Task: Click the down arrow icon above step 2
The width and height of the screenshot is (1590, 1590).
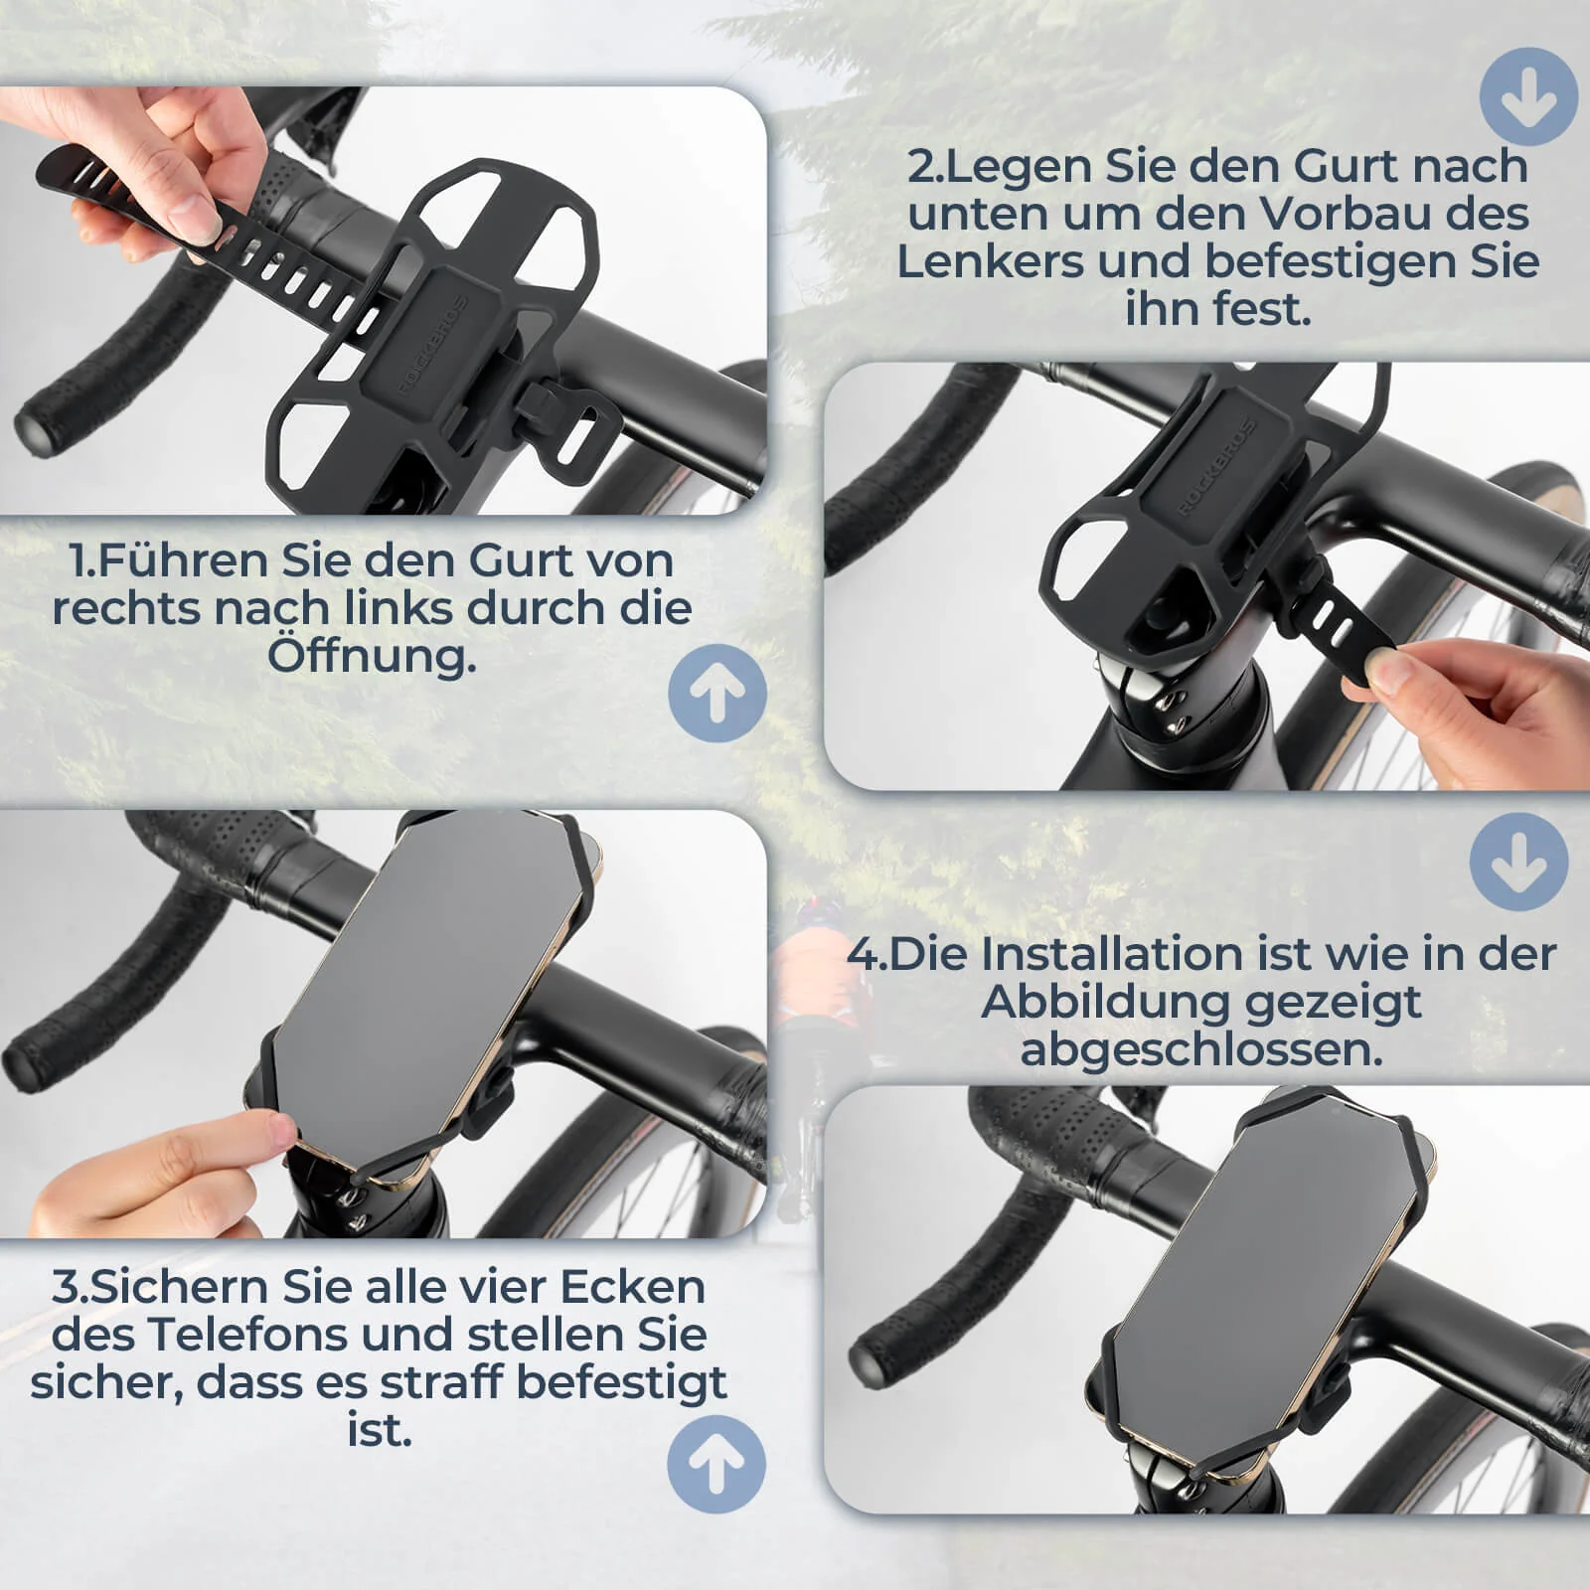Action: coord(1528,96)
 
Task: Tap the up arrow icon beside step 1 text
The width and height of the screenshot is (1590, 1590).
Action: coord(716,693)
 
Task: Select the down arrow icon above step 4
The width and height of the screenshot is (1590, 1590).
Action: coord(1517,861)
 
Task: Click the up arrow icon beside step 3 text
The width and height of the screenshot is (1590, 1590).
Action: coord(715,1465)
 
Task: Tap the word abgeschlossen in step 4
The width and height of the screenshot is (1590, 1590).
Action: coord(1200,1048)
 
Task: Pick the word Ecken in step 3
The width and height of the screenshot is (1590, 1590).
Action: coord(632,1286)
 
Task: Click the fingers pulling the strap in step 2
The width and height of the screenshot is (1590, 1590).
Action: coord(1401,671)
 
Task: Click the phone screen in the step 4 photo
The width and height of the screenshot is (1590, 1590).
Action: coord(1261,1292)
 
